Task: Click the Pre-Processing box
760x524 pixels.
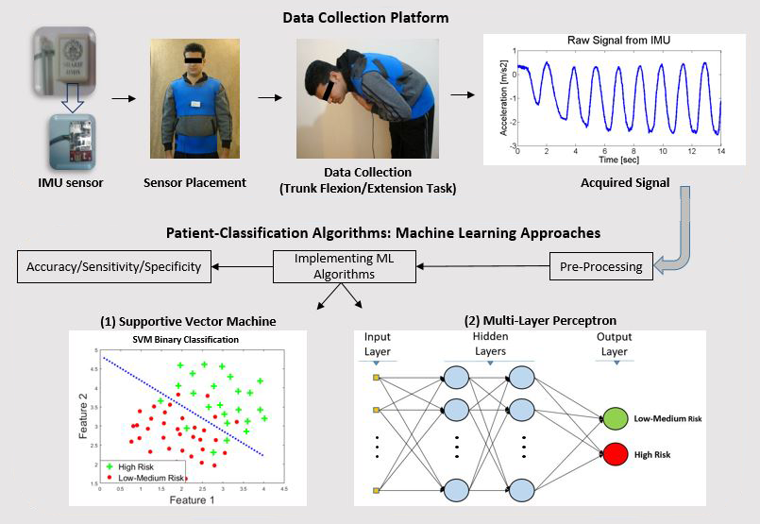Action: coord(600,266)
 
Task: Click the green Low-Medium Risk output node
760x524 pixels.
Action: coord(615,417)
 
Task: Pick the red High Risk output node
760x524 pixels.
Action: coord(615,455)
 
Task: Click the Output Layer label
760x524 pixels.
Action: coord(615,344)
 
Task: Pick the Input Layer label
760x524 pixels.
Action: coord(378,344)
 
